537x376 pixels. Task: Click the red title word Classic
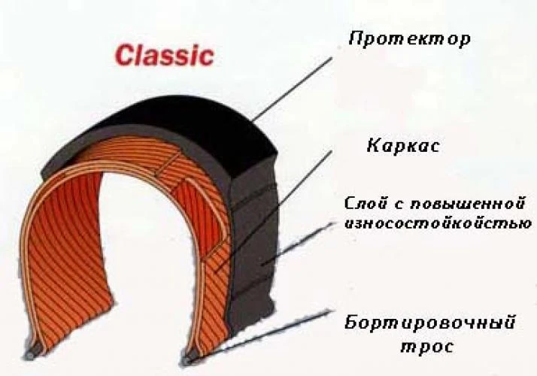[x=164, y=55]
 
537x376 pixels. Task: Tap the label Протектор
[x=409, y=38]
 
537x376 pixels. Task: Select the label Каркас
[x=403, y=145]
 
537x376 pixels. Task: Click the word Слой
[x=364, y=204]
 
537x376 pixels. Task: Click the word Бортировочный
[x=430, y=324]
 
